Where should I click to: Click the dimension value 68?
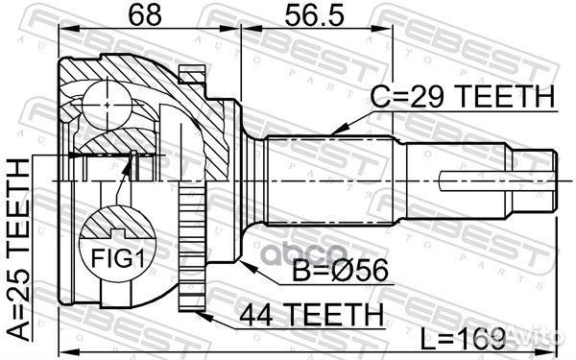145,15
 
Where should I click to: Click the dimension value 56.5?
315,15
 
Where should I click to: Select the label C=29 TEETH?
463,96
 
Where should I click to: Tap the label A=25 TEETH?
18,250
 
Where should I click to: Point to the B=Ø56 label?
340,270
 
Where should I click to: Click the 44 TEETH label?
312,315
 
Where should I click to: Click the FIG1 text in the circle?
118,258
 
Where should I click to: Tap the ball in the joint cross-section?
107,105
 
